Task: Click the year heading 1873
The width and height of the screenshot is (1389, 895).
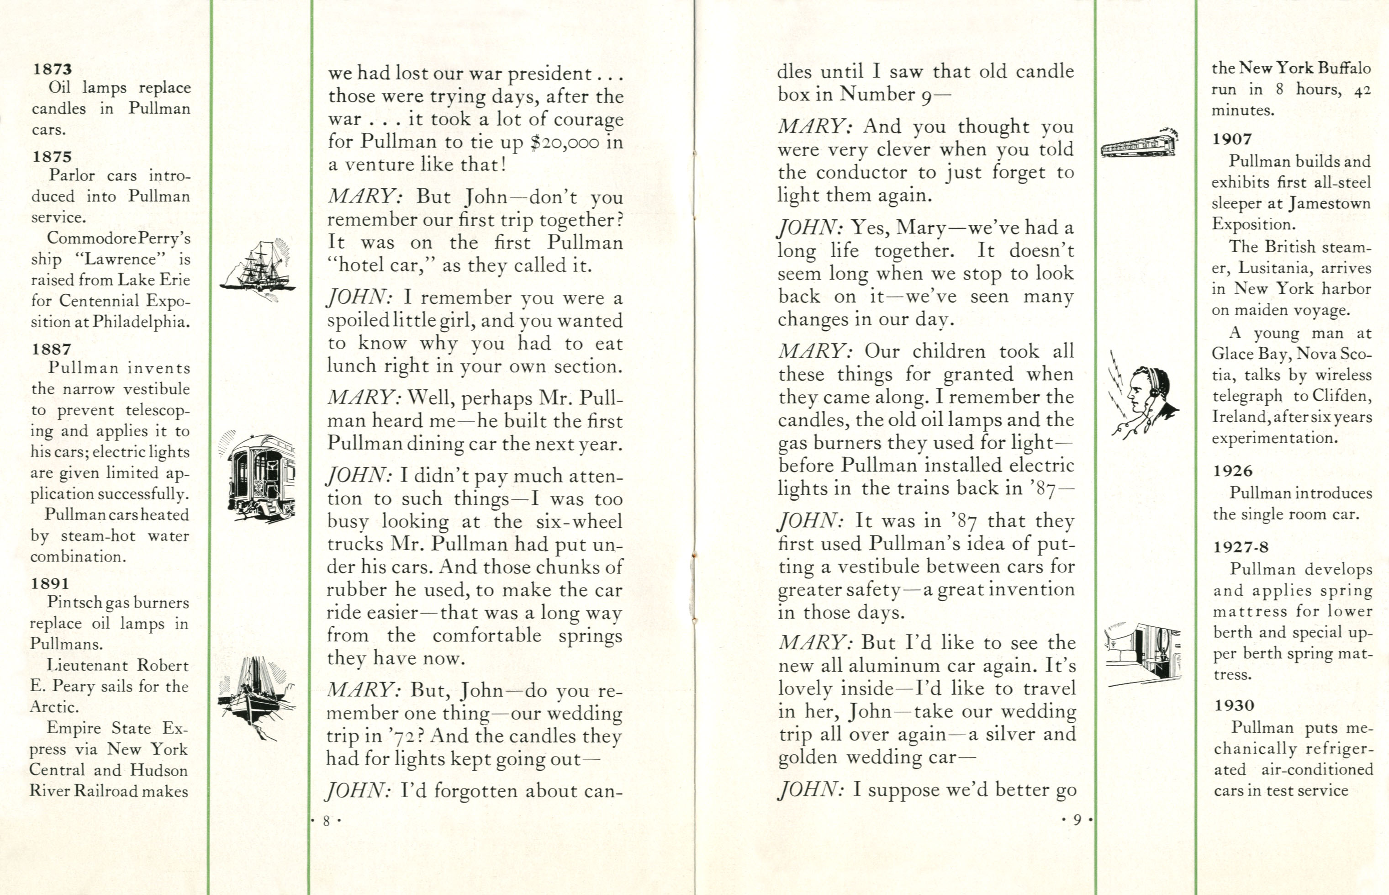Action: (52, 69)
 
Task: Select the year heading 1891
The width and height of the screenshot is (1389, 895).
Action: (51, 583)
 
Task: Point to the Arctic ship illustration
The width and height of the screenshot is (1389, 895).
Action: (256, 697)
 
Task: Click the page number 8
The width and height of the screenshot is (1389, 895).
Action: (326, 821)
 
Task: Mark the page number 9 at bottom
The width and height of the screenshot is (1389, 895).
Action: (1077, 820)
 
